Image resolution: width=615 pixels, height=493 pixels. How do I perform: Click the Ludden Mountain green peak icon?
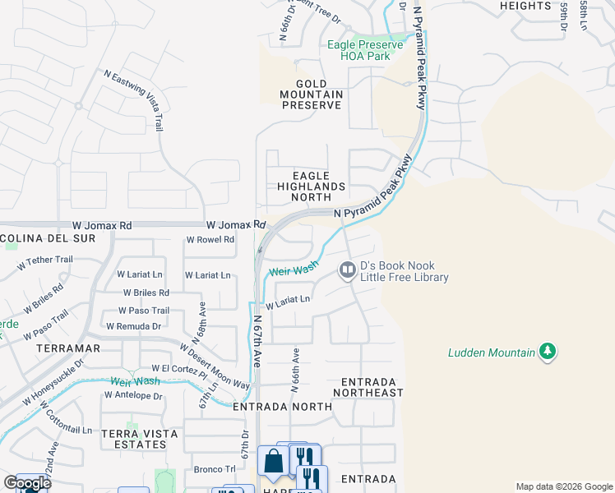coord(547,352)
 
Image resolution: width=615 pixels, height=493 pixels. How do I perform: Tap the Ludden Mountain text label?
coord(492,353)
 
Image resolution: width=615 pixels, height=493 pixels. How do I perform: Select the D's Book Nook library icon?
coord(348,270)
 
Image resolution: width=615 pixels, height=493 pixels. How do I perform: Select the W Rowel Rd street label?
coord(210,240)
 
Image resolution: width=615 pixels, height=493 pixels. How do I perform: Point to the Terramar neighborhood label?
coord(69,348)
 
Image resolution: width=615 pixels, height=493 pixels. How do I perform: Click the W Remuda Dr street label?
coord(134,326)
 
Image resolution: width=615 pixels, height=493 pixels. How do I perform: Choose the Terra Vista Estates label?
coord(133,438)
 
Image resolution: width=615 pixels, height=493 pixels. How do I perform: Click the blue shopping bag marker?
coord(274,462)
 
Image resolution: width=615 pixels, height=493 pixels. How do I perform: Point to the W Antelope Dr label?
coord(134,395)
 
